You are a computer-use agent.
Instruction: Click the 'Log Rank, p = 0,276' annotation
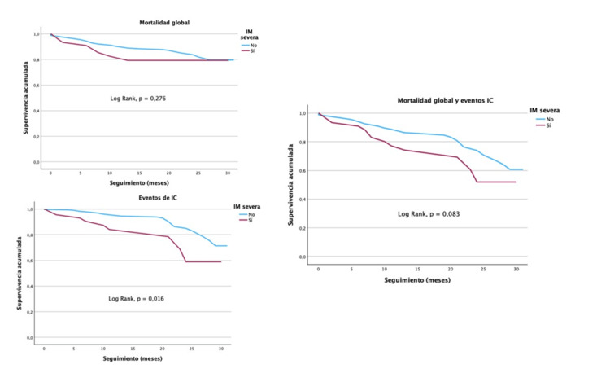[139, 99]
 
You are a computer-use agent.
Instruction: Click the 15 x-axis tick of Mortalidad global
[140, 173]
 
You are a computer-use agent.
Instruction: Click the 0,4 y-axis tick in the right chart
[303, 199]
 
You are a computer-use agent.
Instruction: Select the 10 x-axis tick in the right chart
[384, 269]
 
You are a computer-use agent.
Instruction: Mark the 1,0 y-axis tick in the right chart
[303, 114]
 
